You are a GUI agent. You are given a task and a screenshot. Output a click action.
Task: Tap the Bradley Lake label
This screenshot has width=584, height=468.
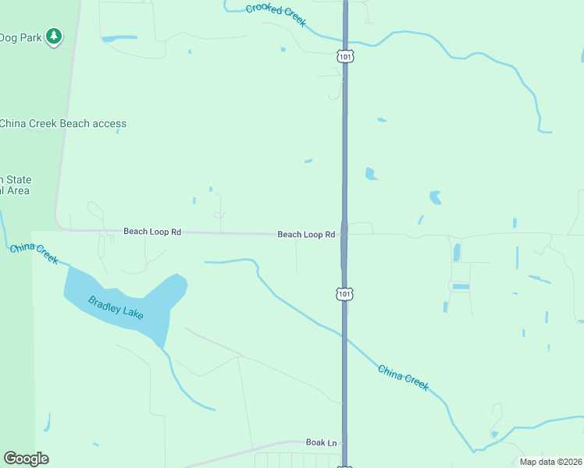point(116,306)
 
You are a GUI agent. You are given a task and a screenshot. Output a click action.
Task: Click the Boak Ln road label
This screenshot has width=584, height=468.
point(321,442)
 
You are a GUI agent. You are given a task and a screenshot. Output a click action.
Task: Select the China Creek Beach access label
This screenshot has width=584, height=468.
point(62,123)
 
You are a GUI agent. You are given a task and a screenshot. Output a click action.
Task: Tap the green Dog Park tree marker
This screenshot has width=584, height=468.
point(53,36)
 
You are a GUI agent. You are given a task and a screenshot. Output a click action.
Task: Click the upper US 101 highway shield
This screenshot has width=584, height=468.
point(346,55)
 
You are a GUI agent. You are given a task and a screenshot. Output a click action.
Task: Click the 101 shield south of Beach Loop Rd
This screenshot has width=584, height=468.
point(344,293)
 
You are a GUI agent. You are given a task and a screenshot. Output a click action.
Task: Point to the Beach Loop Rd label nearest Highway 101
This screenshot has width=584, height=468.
point(307,234)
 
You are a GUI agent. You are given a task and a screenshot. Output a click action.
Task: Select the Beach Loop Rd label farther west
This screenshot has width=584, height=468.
point(152,232)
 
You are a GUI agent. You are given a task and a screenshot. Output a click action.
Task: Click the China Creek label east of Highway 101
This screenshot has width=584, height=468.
point(403,378)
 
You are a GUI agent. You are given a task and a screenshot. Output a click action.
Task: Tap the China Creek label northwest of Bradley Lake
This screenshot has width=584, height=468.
point(34,253)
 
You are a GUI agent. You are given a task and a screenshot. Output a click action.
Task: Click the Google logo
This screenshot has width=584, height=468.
point(27,459)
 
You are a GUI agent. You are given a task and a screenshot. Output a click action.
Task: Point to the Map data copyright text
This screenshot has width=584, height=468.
point(550,462)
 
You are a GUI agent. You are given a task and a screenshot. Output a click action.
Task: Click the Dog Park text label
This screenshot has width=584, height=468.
point(19,37)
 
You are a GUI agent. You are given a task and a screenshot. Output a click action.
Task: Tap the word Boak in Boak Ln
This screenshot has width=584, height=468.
point(315,442)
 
